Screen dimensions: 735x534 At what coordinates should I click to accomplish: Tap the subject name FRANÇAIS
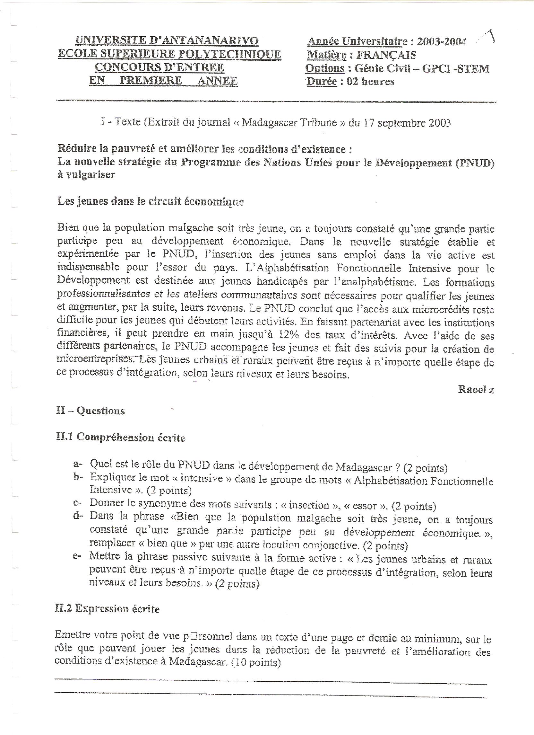coord(386,55)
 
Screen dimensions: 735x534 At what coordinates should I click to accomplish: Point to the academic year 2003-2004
coord(441,42)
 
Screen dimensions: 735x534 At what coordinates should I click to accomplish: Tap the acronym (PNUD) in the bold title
coord(475,162)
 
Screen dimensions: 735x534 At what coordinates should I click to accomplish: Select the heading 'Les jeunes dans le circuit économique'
coord(150,201)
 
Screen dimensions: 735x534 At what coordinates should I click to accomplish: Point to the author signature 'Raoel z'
coord(476,390)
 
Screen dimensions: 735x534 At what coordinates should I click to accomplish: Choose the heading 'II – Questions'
coord(90,411)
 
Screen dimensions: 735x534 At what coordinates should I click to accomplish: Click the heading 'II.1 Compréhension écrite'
coord(121,438)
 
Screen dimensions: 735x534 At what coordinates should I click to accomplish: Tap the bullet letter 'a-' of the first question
coord(78,465)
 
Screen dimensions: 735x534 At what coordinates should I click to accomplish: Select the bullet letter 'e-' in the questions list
coord(77,556)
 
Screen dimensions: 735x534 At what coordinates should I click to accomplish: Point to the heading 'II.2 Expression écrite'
coord(108,609)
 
